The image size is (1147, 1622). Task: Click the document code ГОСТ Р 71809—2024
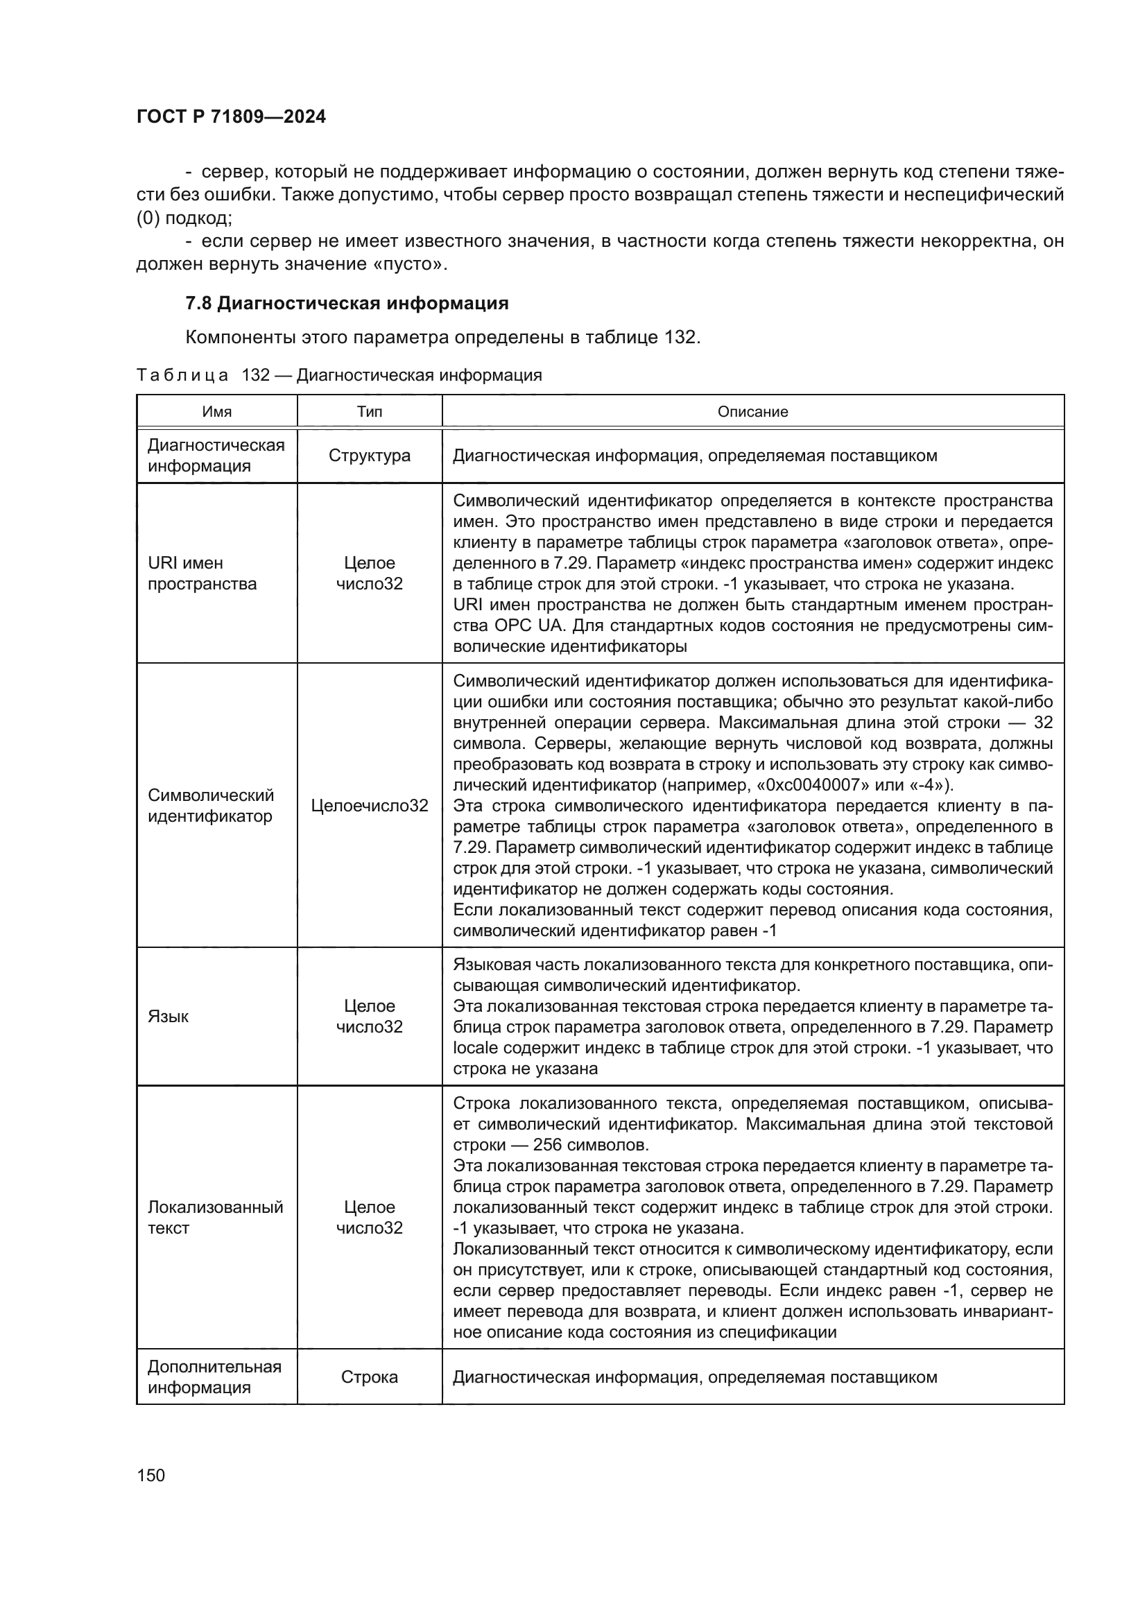(231, 117)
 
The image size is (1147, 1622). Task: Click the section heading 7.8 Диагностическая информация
(346, 303)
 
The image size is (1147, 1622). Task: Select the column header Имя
(217, 411)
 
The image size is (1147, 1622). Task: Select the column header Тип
(370, 411)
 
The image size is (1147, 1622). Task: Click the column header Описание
(752, 411)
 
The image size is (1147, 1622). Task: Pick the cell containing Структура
(370, 456)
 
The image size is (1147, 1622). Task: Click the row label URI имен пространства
(202, 573)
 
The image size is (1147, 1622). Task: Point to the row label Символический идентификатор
(211, 805)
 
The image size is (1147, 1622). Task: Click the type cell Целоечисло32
(370, 805)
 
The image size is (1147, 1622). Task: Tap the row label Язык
(168, 1016)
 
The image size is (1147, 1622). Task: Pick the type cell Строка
(370, 1377)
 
